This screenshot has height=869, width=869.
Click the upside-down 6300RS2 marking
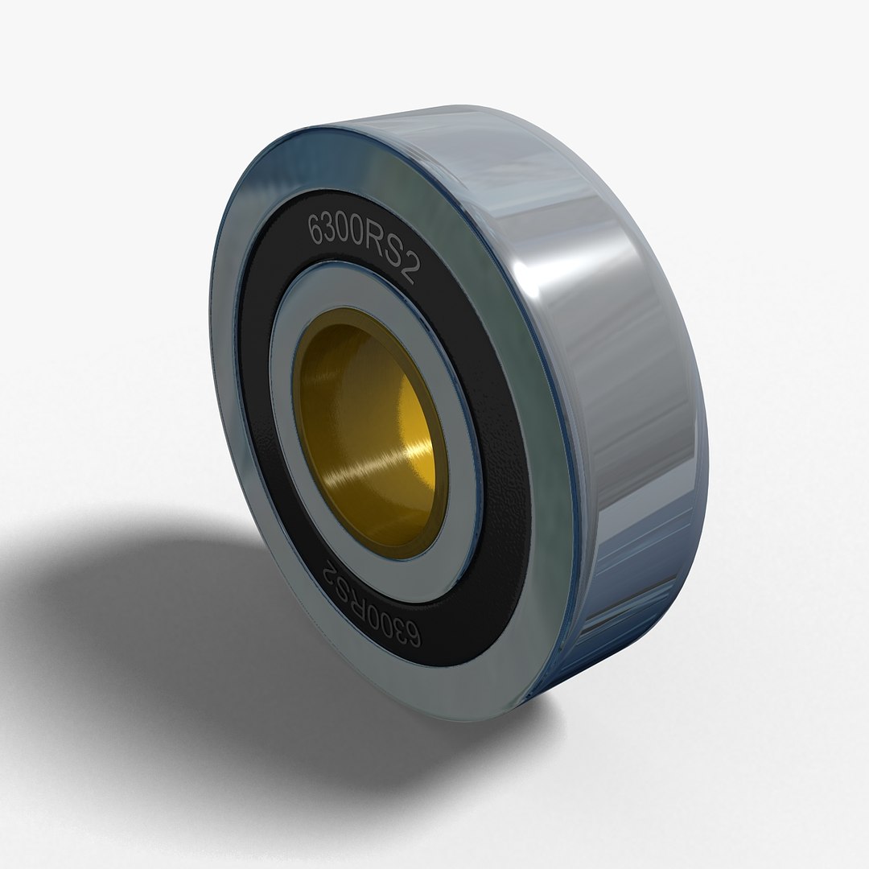[371, 599]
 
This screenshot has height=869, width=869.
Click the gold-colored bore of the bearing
[370, 434]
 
